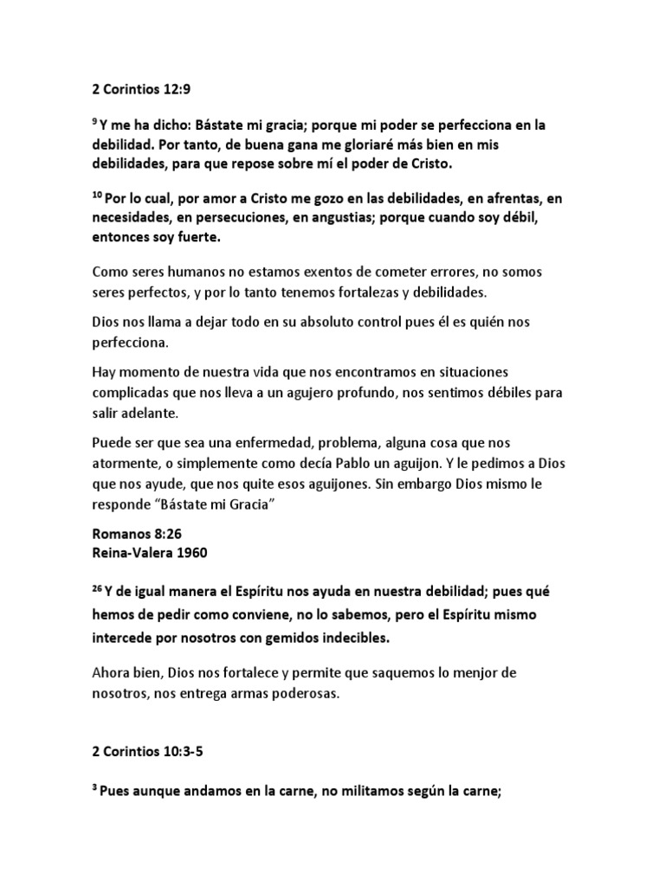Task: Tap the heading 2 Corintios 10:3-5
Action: coord(149,754)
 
